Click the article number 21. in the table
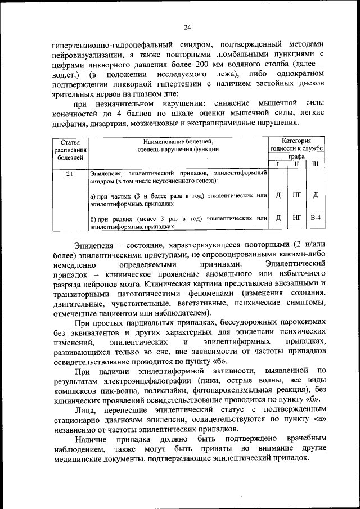click(x=70, y=174)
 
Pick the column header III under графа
click(x=315, y=164)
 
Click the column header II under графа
click(x=296, y=164)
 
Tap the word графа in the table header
click(x=296, y=157)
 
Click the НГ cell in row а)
click(x=296, y=195)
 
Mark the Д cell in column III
click(x=315, y=195)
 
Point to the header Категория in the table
click(x=296, y=142)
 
